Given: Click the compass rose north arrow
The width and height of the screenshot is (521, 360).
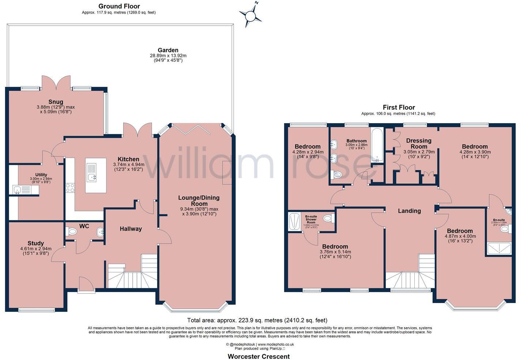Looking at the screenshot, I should (251, 16).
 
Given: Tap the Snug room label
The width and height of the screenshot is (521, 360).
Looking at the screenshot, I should (56, 102).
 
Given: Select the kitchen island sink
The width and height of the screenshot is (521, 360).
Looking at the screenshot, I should (91, 178).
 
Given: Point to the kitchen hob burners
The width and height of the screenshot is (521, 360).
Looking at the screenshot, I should (70, 188).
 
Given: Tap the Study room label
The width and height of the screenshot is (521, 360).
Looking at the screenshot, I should (36, 243).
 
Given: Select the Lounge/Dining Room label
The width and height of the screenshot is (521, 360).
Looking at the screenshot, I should (199, 201).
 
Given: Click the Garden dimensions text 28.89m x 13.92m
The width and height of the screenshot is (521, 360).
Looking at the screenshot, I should (168, 56).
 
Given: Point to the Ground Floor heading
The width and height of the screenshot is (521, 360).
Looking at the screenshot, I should (119, 6).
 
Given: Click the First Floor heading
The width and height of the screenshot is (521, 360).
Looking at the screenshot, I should (399, 107).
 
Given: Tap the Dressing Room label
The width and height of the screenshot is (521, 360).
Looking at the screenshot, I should (419, 143).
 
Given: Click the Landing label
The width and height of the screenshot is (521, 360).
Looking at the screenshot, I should (409, 211).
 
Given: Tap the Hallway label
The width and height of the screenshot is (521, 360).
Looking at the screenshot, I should (130, 229).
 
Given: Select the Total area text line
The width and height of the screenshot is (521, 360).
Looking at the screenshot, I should (257, 320).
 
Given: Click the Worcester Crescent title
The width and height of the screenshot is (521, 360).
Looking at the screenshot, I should (259, 356).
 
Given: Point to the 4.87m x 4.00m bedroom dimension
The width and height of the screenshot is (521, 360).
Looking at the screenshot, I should (460, 236).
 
